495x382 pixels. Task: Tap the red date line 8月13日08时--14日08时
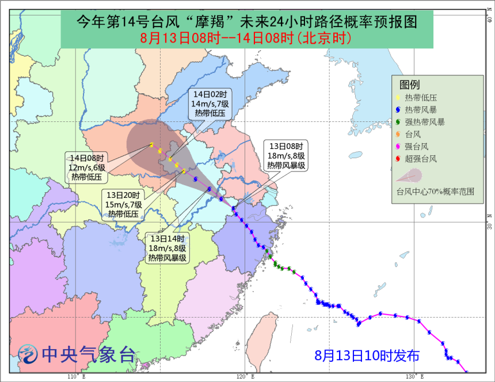tap(246, 39)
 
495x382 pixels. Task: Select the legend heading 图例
tap(409, 85)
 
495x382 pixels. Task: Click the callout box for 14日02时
tap(210, 105)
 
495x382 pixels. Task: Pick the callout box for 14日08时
tap(88, 167)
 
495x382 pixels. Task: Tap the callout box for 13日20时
tap(123, 204)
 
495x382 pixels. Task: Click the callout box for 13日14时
tap(167, 248)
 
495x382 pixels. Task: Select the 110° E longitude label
tap(76, 377)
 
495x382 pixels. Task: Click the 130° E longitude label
tap(414, 377)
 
